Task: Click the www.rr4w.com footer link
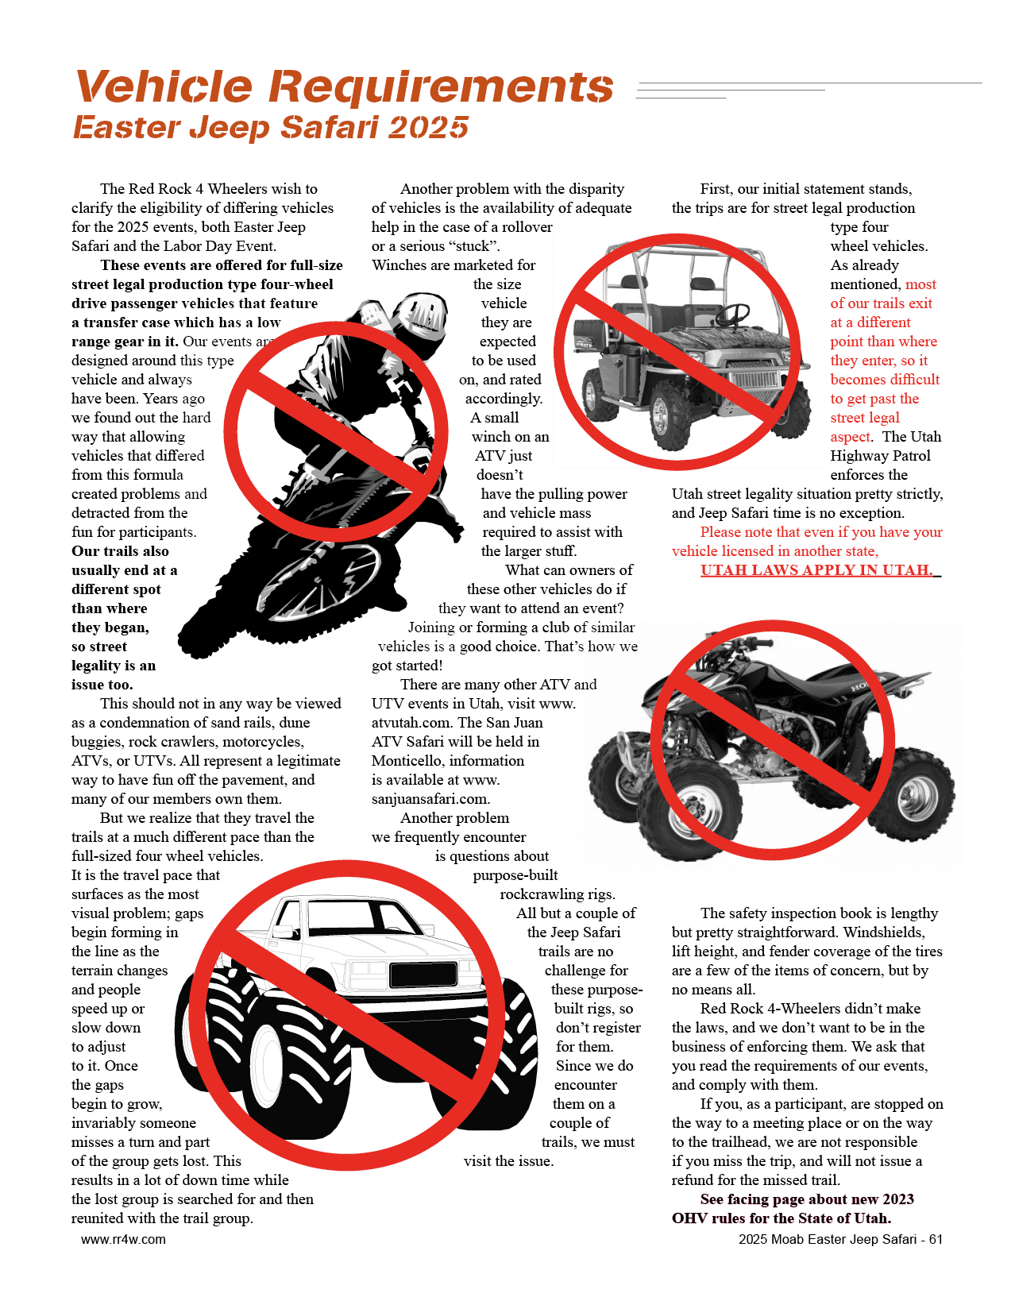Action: tap(123, 1239)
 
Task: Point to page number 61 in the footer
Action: tap(935, 1239)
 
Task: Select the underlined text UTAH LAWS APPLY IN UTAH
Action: tap(816, 569)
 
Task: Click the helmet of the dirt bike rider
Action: tap(421, 315)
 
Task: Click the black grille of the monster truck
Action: tap(423, 975)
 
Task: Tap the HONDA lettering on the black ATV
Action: tap(869, 683)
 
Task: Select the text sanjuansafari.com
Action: tap(431, 799)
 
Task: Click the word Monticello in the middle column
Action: tap(408, 760)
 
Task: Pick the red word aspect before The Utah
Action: tap(850, 437)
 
